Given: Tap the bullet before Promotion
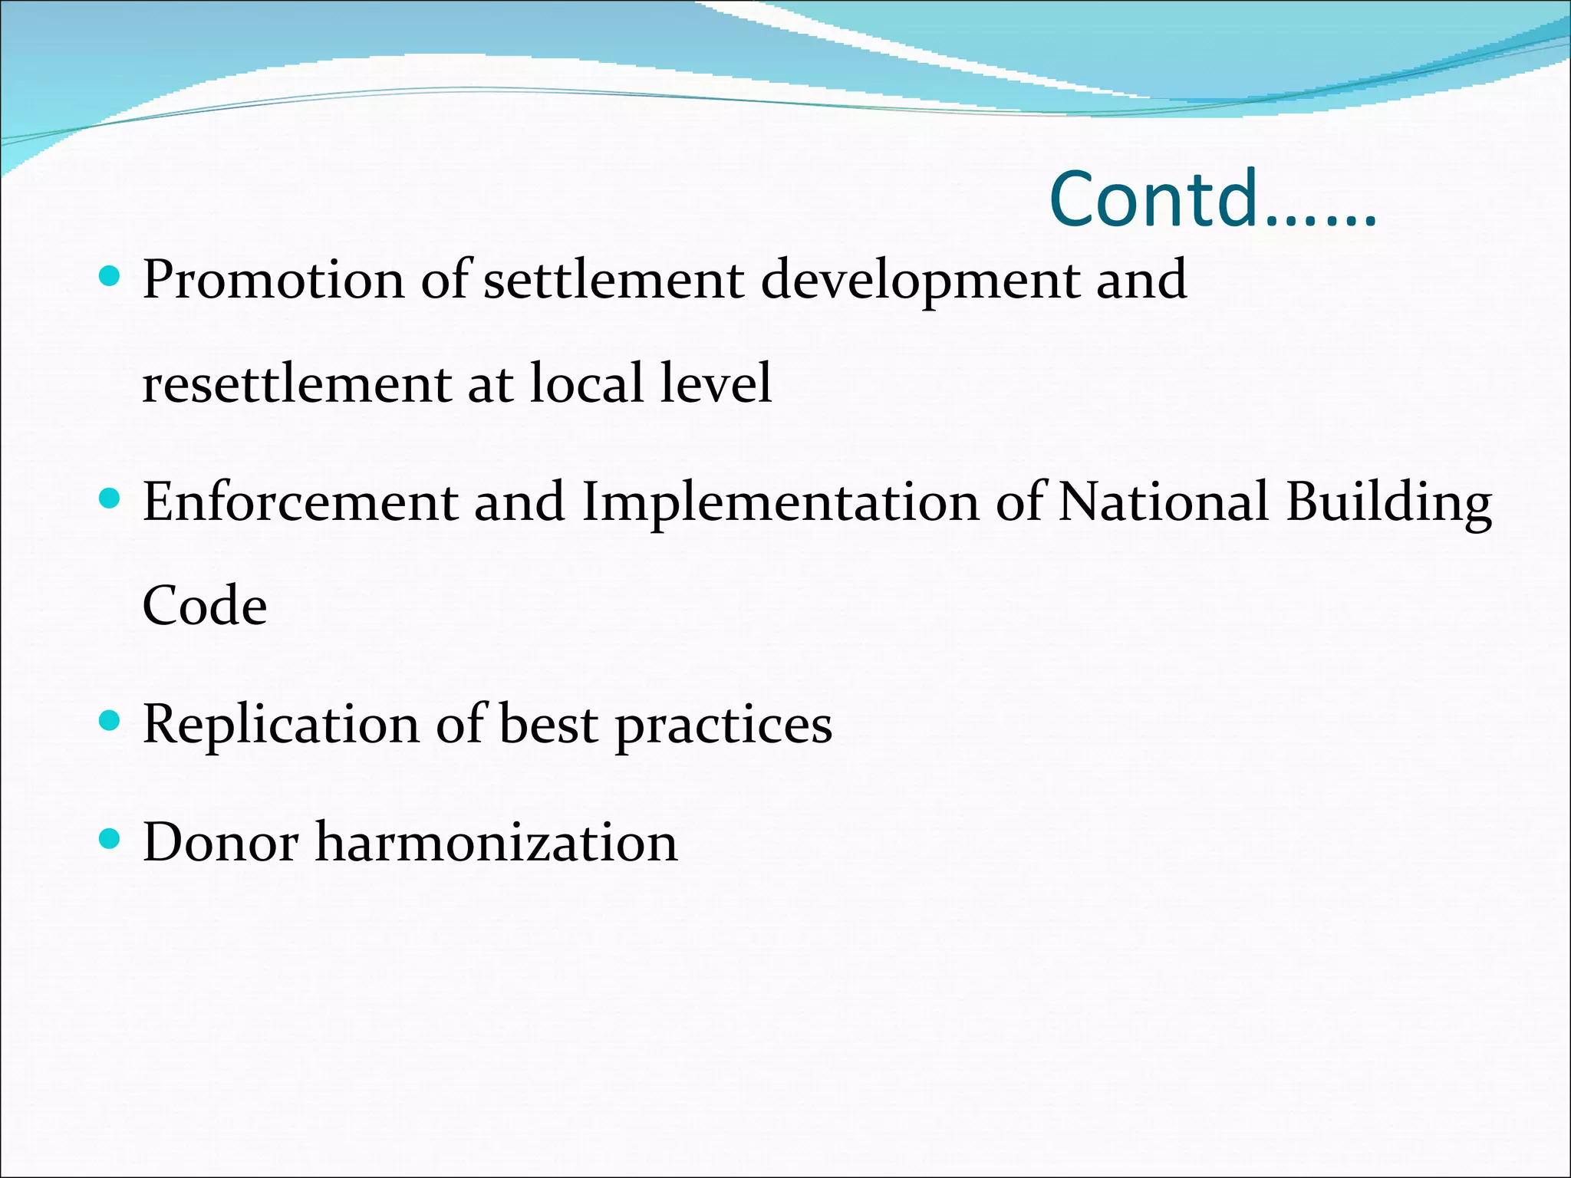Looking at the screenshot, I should [x=110, y=276].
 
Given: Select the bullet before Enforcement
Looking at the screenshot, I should [x=110, y=499].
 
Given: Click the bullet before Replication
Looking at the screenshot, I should [x=110, y=721].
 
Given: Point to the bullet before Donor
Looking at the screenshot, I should [x=110, y=839].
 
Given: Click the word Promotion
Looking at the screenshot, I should [x=273, y=280].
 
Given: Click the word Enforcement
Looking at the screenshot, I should [x=300, y=502].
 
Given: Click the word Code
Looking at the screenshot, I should [x=205, y=606].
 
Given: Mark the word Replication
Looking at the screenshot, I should [x=281, y=726].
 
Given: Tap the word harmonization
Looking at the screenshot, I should [x=496, y=843].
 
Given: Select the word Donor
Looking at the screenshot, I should [x=221, y=843].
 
